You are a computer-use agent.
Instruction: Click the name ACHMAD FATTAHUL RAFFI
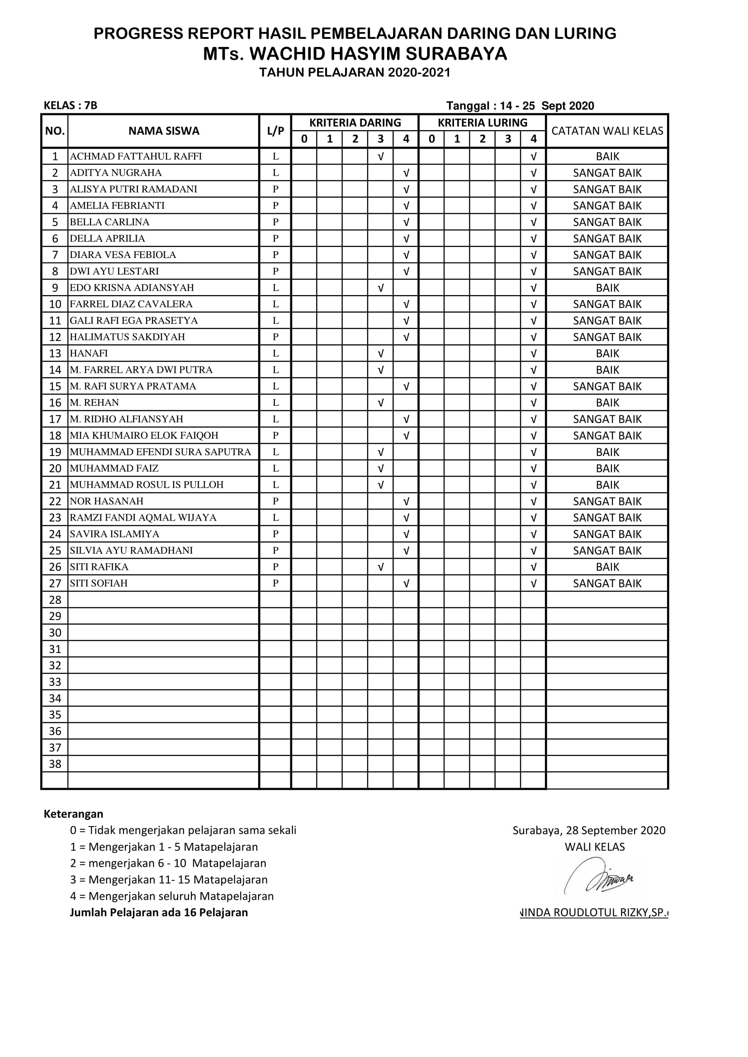pyautogui.click(x=136, y=156)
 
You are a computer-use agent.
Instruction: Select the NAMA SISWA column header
pyautogui.click(x=164, y=131)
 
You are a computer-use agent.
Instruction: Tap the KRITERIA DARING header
pyautogui.click(x=355, y=123)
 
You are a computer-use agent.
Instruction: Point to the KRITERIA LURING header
pyautogui.click(x=482, y=123)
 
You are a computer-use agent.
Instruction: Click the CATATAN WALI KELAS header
pyautogui.click(x=607, y=131)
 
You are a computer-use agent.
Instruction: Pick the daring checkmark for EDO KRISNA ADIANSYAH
pyautogui.click(x=380, y=288)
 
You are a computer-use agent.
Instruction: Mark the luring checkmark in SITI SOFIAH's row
pyautogui.click(x=533, y=584)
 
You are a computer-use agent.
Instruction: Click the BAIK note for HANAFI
pyautogui.click(x=607, y=353)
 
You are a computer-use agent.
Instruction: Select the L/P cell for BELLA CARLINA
pyautogui.click(x=275, y=222)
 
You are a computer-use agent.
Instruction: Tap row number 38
pyautogui.click(x=55, y=764)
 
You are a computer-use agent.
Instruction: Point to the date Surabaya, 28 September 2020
pyautogui.click(x=589, y=831)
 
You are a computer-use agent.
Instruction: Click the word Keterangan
pyautogui.click(x=73, y=814)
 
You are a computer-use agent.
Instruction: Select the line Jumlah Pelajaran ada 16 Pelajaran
pyautogui.click(x=159, y=912)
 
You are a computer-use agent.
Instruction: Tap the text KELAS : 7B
pyautogui.click(x=71, y=105)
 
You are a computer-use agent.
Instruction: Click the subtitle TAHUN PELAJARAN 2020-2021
pyautogui.click(x=355, y=73)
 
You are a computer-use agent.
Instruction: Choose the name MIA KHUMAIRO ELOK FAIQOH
pyautogui.click(x=144, y=436)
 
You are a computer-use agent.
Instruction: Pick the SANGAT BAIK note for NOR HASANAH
pyautogui.click(x=607, y=501)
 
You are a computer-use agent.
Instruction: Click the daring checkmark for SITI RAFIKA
pyautogui.click(x=380, y=567)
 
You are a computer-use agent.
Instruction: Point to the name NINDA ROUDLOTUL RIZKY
pyautogui.click(x=593, y=913)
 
